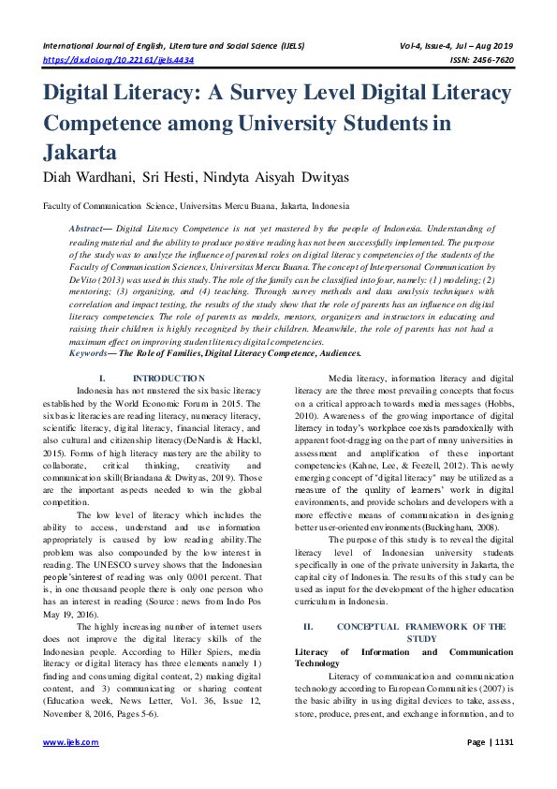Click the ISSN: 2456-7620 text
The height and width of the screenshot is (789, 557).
pyautogui.click(x=478, y=59)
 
